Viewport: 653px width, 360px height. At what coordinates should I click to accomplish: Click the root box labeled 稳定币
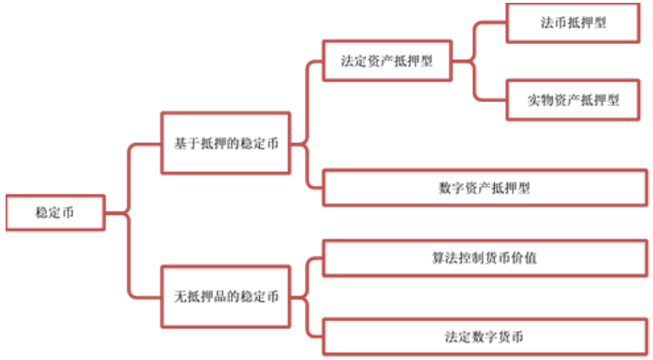[x=54, y=212]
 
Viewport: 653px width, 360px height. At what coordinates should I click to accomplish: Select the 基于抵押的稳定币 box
[x=225, y=143]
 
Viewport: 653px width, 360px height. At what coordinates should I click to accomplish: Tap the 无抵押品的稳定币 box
[x=225, y=296]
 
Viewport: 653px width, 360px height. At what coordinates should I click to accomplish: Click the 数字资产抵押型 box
[x=484, y=187]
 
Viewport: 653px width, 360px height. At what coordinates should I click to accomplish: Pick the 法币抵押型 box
[x=573, y=22]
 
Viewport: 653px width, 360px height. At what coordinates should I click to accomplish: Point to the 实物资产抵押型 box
[x=573, y=99]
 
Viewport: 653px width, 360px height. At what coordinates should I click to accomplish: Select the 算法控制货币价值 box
[x=484, y=257]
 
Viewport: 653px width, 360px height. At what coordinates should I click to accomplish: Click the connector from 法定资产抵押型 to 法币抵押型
[x=477, y=37]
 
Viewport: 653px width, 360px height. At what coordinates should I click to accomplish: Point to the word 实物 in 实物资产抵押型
[x=539, y=99]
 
